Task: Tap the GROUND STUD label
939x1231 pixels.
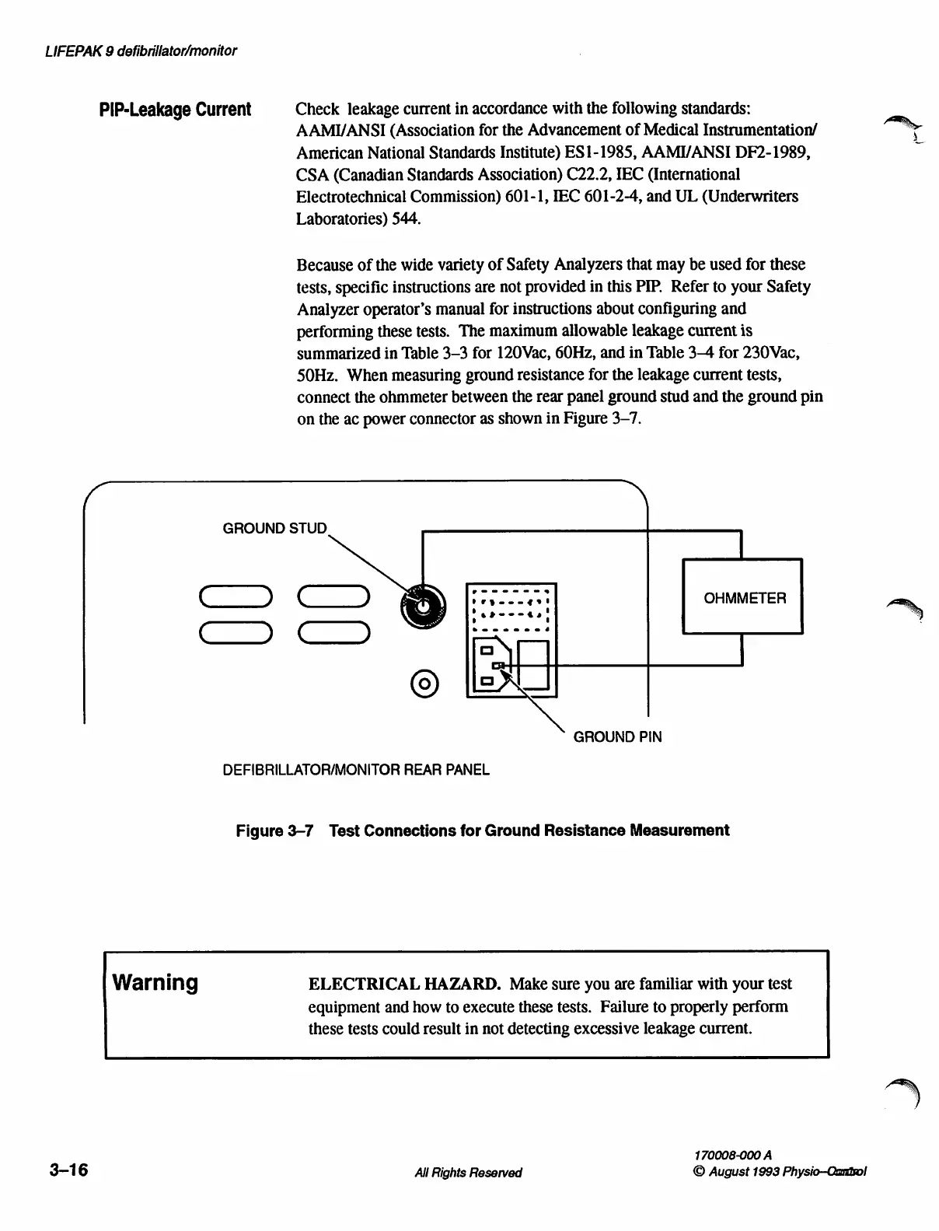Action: pos(275,529)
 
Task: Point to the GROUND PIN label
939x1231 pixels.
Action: pos(617,736)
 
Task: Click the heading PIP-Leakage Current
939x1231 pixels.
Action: pos(176,110)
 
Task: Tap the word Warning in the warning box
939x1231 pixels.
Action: pos(155,983)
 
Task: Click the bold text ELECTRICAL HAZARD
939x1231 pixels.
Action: pos(404,984)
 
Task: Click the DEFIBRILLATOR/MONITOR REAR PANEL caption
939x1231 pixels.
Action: pos(356,770)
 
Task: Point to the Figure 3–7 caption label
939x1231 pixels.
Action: pos(274,831)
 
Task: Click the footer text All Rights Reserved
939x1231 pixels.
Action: pos(469,1173)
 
